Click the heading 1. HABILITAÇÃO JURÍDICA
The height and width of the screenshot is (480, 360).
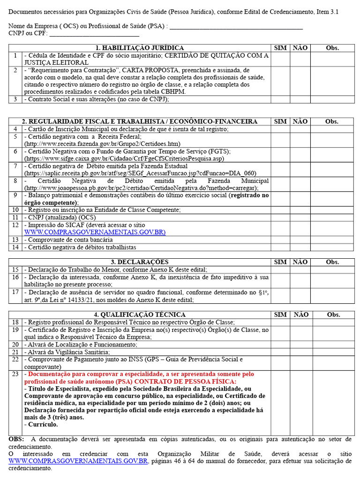140,48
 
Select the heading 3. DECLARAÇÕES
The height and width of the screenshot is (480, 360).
140,262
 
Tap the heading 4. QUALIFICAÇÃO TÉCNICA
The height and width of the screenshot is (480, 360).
140,315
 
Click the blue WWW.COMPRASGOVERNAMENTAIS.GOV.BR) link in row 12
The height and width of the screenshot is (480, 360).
95,232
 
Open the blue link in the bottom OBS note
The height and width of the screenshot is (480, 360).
78,461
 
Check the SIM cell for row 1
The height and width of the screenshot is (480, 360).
280,59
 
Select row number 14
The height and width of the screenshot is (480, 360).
15,247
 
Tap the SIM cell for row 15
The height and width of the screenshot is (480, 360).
280,270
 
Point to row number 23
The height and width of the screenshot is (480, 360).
15,374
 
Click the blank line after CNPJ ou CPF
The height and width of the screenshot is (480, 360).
94,34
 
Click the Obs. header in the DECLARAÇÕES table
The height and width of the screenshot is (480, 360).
332,262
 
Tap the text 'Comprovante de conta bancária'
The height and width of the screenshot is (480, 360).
70,240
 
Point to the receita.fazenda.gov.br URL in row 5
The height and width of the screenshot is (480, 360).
102,144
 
